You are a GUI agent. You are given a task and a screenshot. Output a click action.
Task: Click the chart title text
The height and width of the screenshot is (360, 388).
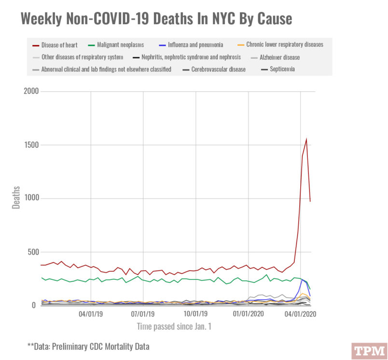coord(156,19)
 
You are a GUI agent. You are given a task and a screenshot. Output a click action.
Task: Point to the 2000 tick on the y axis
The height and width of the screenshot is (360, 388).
coord(32,92)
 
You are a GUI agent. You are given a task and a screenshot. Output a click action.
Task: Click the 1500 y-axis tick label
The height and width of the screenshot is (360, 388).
coord(32,145)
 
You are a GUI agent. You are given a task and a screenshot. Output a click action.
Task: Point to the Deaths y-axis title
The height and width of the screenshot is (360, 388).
coord(16,197)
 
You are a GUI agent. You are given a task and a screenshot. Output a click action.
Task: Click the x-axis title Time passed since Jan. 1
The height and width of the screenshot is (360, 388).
coord(174,327)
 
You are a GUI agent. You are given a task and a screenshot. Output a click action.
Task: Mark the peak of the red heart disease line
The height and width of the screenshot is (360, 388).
coord(306,139)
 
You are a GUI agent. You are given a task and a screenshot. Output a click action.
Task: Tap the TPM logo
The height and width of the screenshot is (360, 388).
coord(369,350)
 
